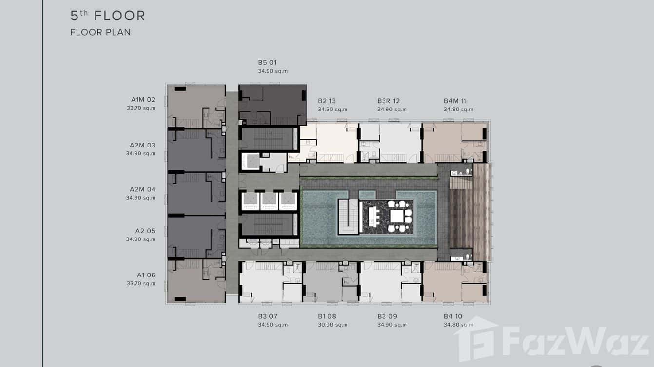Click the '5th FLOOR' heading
(x=108, y=16)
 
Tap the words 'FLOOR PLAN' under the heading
(x=100, y=32)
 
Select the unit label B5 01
(x=267, y=62)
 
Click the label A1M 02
(x=143, y=100)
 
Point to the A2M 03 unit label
(x=142, y=145)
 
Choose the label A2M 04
(x=142, y=189)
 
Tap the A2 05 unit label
(x=145, y=231)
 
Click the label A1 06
(x=146, y=275)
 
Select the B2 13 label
(x=327, y=101)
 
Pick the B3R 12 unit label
(x=388, y=101)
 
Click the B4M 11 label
(x=455, y=101)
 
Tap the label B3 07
(x=268, y=316)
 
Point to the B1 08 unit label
(x=327, y=316)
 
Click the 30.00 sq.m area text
(x=332, y=325)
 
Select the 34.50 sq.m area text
(x=332, y=110)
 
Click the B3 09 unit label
(x=387, y=316)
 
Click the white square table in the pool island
(x=397, y=217)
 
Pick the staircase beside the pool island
(x=348, y=217)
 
